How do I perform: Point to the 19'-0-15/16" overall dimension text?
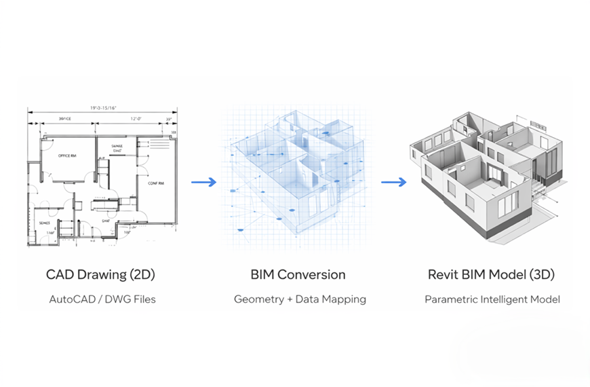coord(102,107)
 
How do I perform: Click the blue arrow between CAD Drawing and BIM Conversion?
coord(203,182)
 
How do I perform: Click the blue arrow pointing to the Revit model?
coord(393,182)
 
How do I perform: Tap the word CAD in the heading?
coord(60,275)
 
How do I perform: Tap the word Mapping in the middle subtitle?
coord(346,299)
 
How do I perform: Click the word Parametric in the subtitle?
coord(450,299)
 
